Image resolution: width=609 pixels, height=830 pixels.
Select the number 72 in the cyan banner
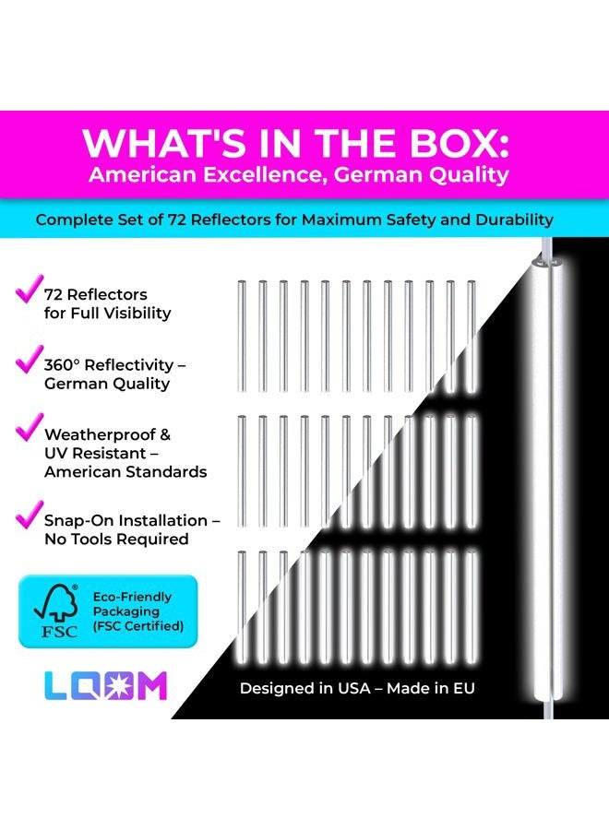click(177, 219)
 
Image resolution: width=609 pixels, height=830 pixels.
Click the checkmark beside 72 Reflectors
click(29, 289)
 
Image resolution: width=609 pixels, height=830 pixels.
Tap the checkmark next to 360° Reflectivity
click(29, 359)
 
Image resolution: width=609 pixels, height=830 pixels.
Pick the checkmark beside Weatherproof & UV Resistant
click(29, 427)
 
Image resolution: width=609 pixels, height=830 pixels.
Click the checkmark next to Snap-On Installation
click(29, 515)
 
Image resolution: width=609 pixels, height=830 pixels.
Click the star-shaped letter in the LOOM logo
click(120, 686)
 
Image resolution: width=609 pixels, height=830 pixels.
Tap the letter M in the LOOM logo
click(152, 686)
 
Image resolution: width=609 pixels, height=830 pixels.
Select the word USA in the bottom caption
click(354, 688)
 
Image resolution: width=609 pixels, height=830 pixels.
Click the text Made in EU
click(431, 688)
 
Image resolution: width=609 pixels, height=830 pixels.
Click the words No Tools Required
click(116, 539)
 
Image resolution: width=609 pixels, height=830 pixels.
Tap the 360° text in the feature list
click(62, 364)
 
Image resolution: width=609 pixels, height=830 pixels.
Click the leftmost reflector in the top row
click(242, 336)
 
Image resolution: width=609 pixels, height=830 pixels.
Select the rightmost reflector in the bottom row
click(471, 607)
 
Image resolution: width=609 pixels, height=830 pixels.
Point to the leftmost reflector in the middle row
click(242, 471)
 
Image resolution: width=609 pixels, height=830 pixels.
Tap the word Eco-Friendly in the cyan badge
click(132, 597)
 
